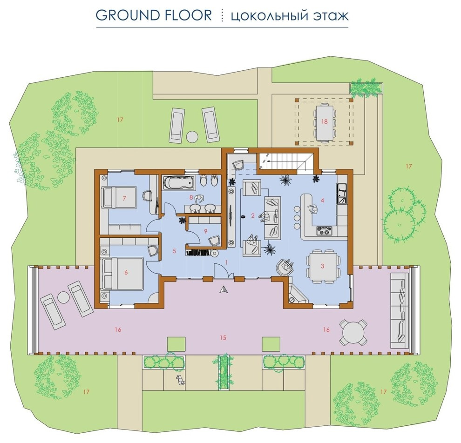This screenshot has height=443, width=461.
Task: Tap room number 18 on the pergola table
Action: pyautogui.click(x=324, y=121)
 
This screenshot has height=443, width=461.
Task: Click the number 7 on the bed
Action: pyautogui.click(x=124, y=199)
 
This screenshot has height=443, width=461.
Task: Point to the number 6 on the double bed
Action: pyautogui.click(x=126, y=273)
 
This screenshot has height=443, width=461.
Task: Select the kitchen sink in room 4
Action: pyautogui.click(x=342, y=194)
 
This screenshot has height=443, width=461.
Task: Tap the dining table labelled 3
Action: pyautogui.click(x=323, y=266)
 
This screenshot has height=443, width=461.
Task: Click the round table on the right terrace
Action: pyautogui.click(x=353, y=332)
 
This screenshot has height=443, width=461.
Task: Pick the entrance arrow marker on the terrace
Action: pyautogui.click(x=224, y=289)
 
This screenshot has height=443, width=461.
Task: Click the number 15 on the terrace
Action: pyautogui.click(x=223, y=338)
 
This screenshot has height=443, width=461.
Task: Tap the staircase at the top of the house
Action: pyautogui.click(x=285, y=161)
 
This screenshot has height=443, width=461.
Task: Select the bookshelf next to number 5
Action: pyautogui.click(x=198, y=253)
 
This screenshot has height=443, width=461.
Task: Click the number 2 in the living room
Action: pyautogui.click(x=252, y=216)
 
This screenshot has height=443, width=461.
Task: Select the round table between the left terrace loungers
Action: pyautogui.click(x=63, y=297)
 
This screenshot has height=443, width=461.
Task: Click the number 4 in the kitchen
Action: pyautogui.click(x=323, y=201)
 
